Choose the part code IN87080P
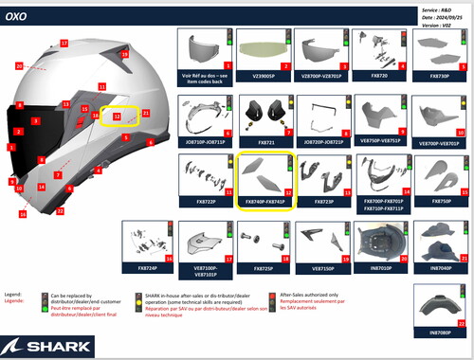pos(441,333)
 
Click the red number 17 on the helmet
pos(64,44)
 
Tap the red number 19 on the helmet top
pos(124,55)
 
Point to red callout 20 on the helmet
pos(19,65)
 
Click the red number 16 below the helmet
pos(22,214)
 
